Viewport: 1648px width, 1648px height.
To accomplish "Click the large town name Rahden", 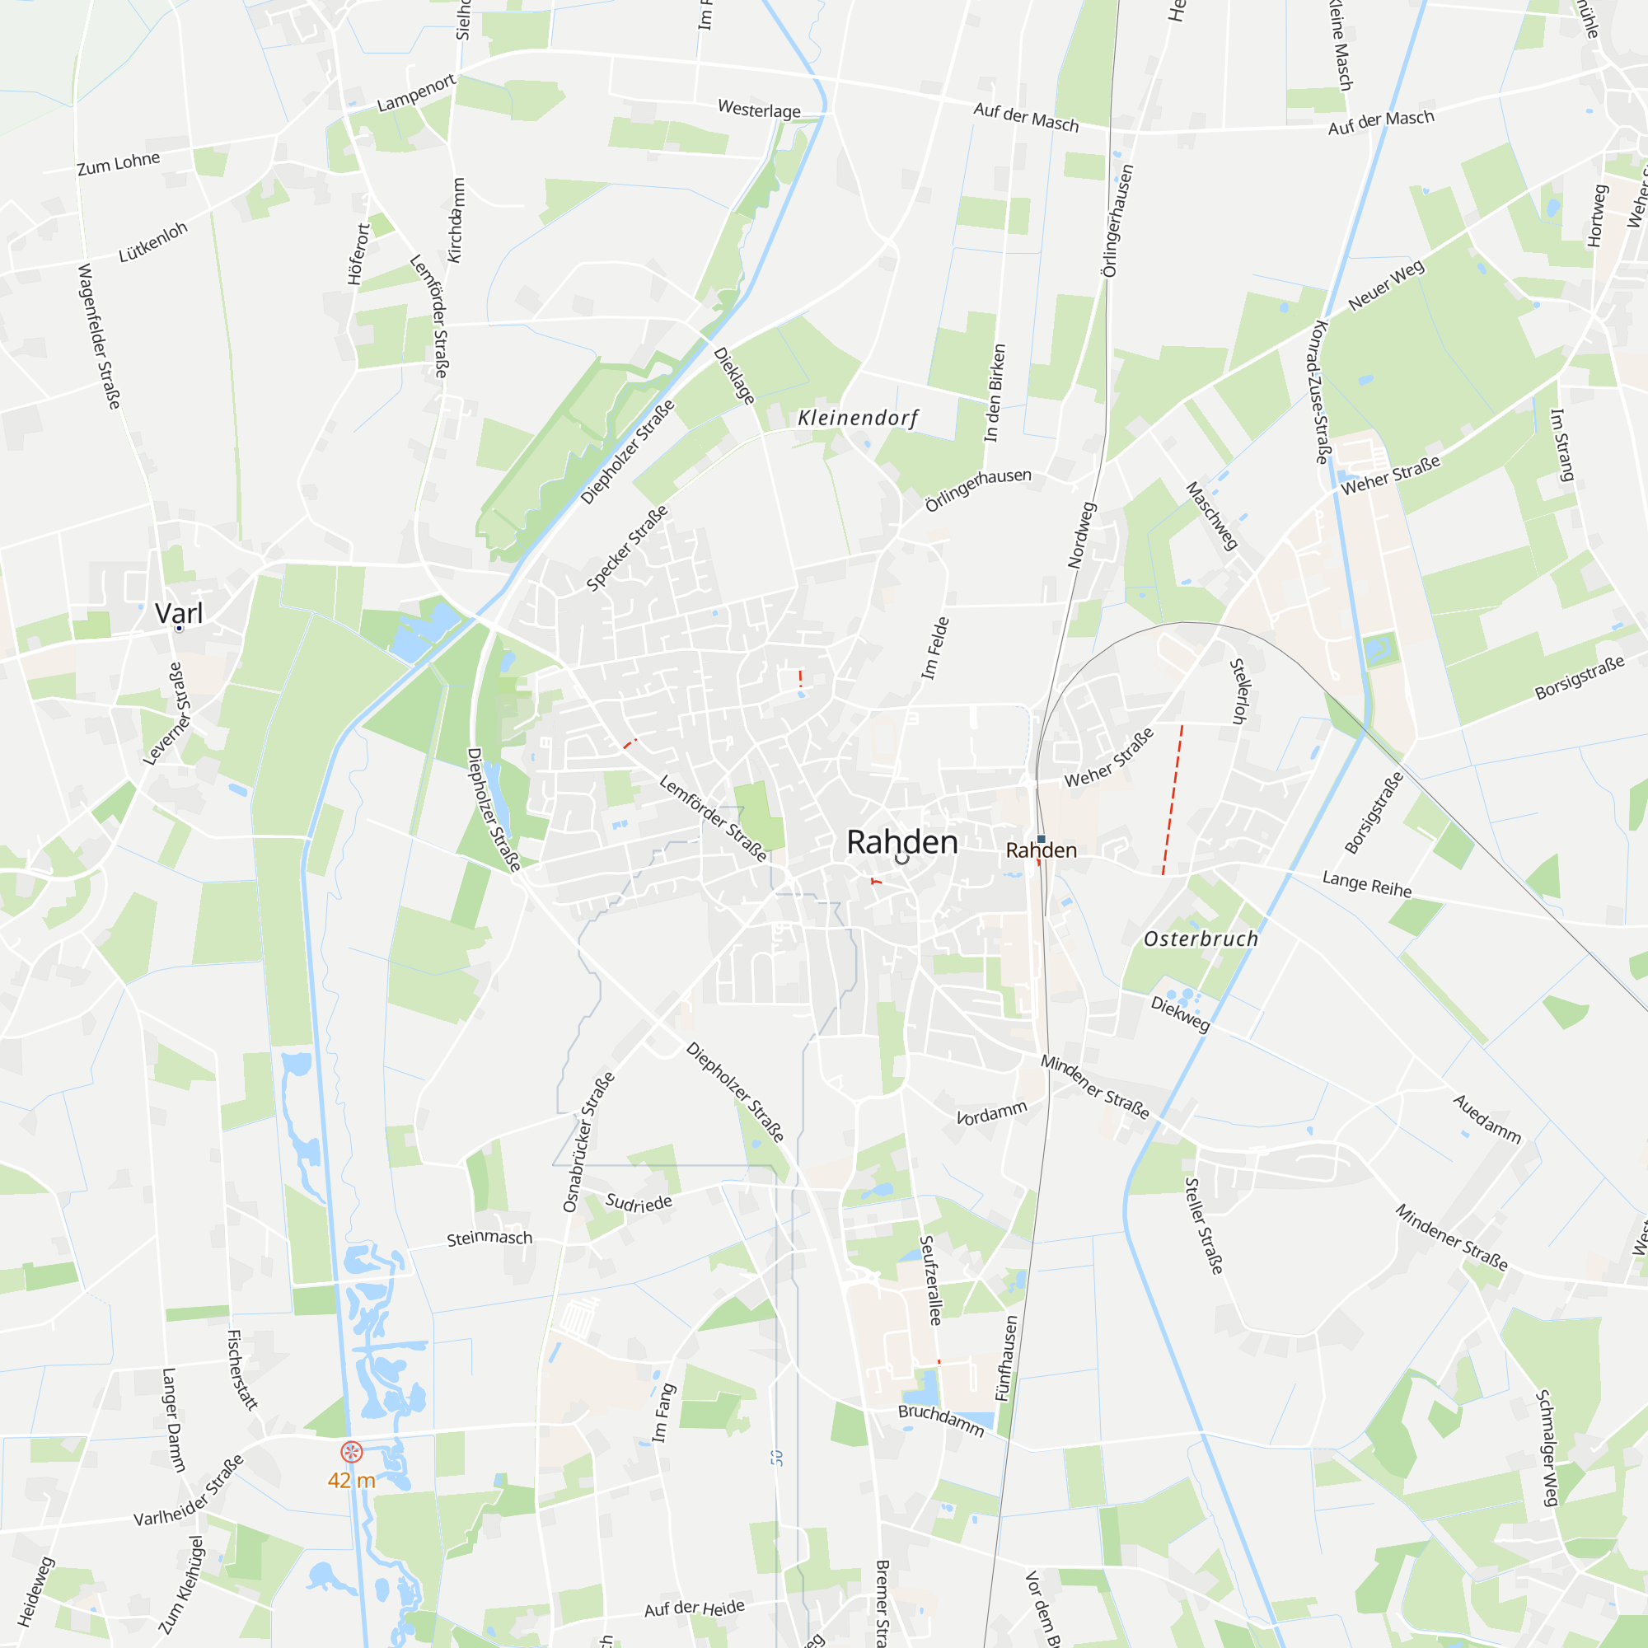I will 901,842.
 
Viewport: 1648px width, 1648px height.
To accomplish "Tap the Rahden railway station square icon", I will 1041,840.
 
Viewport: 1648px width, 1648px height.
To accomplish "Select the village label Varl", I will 179,613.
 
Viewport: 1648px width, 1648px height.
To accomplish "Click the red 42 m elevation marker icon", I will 352,1452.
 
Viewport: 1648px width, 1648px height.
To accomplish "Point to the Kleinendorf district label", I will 857,418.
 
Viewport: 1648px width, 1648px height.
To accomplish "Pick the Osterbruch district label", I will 1201,939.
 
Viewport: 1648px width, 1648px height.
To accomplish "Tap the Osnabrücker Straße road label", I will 588,1141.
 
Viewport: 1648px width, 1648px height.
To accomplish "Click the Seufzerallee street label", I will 929,1280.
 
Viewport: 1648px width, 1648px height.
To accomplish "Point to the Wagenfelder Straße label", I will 99,336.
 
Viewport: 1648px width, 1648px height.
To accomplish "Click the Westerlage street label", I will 759,110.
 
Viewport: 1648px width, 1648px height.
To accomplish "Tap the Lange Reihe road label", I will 1366,883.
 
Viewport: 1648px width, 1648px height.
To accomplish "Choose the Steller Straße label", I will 1204,1226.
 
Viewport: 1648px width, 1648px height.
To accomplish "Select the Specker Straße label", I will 627,548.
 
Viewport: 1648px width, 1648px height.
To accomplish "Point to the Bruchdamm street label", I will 941,1421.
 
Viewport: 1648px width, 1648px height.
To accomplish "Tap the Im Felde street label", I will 935,648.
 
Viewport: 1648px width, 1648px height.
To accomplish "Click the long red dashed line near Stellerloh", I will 1172,799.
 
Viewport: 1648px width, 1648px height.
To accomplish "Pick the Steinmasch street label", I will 489,1238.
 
